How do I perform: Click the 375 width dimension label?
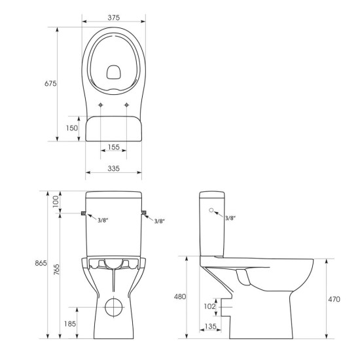click(114, 18)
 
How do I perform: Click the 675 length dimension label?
click(50, 84)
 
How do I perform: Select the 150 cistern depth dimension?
click(72, 128)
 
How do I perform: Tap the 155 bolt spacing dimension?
click(114, 147)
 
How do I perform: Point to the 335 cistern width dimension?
click(114, 168)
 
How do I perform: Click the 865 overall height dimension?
click(41, 263)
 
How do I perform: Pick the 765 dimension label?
click(56, 270)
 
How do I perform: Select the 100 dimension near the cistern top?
click(56, 202)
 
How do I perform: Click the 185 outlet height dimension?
click(70, 324)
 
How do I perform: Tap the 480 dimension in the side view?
click(180, 297)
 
